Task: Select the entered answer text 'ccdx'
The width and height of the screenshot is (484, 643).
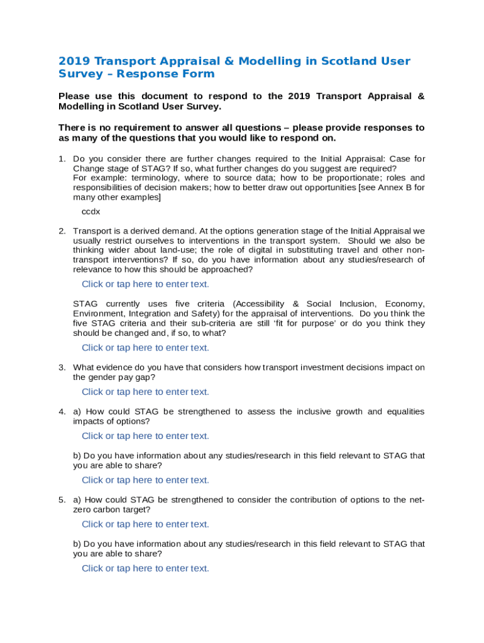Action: [91, 212]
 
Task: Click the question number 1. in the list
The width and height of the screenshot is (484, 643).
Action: [62, 158]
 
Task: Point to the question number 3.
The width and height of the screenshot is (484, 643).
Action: [62, 367]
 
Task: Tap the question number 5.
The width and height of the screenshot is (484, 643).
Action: [62, 500]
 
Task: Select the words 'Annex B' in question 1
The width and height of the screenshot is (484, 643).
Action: [397, 187]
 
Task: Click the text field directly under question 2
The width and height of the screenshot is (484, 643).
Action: [145, 284]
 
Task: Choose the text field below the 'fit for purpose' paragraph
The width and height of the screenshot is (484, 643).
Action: [145, 347]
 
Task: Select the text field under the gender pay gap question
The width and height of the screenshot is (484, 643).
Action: [145, 392]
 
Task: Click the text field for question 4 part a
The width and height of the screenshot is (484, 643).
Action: [145, 436]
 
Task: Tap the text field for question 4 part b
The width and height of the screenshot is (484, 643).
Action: [145, 480]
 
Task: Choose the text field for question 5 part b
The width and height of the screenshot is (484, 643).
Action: [145, 568]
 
